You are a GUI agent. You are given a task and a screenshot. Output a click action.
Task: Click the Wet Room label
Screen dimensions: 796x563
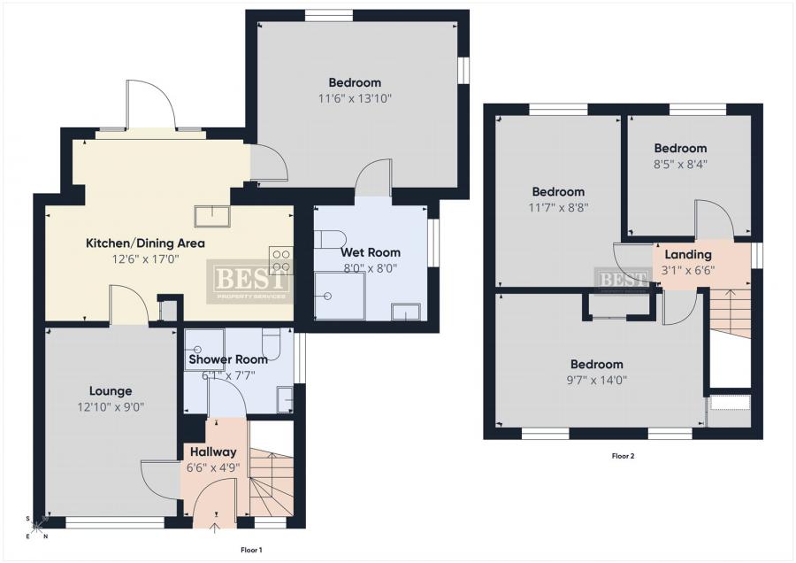pyautogui.click(x=370, y=252)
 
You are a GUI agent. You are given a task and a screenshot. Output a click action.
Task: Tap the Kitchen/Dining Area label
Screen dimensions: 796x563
pyautogui.click(x=145, y=243)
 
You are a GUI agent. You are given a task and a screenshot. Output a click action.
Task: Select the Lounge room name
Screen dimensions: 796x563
pyautogui.click(x=111, y=391)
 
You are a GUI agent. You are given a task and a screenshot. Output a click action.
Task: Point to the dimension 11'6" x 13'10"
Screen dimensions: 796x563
pyautogui.click(x=355, y=98)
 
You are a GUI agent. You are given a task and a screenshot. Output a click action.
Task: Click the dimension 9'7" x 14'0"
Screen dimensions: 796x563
pyautogui.click(x=596, y=380)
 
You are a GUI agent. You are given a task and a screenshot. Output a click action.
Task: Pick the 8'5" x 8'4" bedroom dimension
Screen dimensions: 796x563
pyautogui.click(x=680, y=164)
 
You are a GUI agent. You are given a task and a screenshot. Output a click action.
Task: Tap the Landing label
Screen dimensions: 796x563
pyautogui.click(x=688, y=255)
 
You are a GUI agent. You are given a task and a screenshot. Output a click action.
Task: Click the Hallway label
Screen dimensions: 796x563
pyautogui.click(x=213, y=451)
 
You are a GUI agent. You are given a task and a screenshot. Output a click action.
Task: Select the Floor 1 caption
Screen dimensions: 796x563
pyautogui.click(x=251, y=550)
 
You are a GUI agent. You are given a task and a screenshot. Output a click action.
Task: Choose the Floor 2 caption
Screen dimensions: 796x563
pyautogui.click(x=623, y=456)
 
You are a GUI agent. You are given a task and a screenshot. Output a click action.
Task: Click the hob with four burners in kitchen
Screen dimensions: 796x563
pyautogui.click(x=280, y=260)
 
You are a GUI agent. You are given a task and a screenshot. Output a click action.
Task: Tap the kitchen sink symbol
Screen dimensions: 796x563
pyautogui.click(x=212, y=216)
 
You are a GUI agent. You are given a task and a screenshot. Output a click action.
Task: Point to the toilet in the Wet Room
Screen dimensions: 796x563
pyautogui.click(x=329, y=238)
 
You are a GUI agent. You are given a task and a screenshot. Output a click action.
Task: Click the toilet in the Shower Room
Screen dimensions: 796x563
pyautogui.click(x=272, y=342)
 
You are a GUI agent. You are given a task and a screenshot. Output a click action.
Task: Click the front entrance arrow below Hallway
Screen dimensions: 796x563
pyautogui.click(x=215, y=528)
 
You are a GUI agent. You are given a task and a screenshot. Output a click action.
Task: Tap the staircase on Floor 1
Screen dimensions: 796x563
pyautogui.click(x=272, y=482)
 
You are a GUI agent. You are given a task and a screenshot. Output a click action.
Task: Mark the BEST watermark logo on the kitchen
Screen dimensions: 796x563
pyautogui.click(x=249, y=281)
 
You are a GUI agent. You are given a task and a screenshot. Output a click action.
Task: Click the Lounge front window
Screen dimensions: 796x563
pyautogui.click(x=115, y=523)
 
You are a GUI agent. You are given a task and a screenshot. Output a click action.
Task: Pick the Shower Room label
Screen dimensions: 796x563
pyautogui.click(x=228, y=359)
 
